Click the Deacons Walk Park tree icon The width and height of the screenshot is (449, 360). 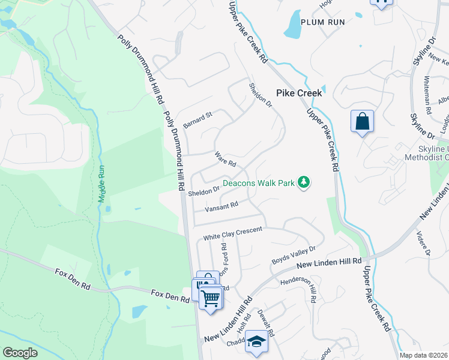[304, 183]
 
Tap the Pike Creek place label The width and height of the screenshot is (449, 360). [300, 93]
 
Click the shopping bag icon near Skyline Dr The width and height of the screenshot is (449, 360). [362, 121]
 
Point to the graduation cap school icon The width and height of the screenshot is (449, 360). [256, 341]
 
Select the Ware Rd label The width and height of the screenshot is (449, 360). [226, 159]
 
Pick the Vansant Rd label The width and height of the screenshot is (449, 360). [222, 205]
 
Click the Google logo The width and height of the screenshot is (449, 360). [20, 353]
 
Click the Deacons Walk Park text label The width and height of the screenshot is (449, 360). [258, 183]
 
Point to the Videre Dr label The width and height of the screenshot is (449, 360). [428, 244]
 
